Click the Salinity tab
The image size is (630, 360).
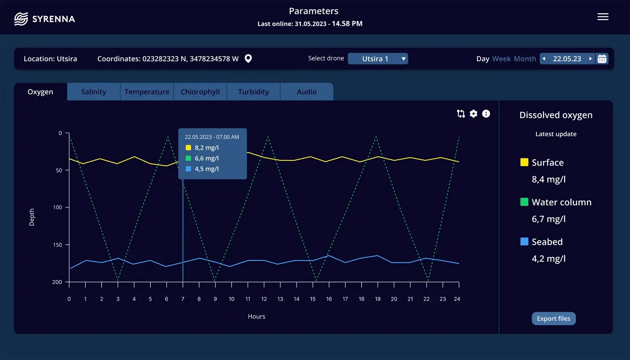pos(94,92)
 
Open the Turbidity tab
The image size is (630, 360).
pos(253,92)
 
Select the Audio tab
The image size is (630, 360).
pos(307,92)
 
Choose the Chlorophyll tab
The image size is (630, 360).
pos(200,92)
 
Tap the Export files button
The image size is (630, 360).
pos(554,319)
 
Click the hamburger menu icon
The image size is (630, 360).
pos(603,17)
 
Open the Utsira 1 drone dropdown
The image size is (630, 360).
pos(378,59)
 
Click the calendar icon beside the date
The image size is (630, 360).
pos(602,59)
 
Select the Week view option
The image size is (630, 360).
pos(501,59)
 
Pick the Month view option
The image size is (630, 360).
pos(525,59)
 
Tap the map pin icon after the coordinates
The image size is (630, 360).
pos(248,59)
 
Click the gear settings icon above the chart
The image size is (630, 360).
pos(473,114)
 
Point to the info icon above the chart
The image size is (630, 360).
pos(486,114)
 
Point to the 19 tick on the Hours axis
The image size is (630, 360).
pos(378,299)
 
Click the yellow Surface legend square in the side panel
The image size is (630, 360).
pos(524,162)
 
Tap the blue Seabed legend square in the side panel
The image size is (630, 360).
pos(524,241)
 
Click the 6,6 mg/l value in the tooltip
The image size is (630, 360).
pos(206,158)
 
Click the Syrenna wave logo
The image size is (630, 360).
pos(21,19)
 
